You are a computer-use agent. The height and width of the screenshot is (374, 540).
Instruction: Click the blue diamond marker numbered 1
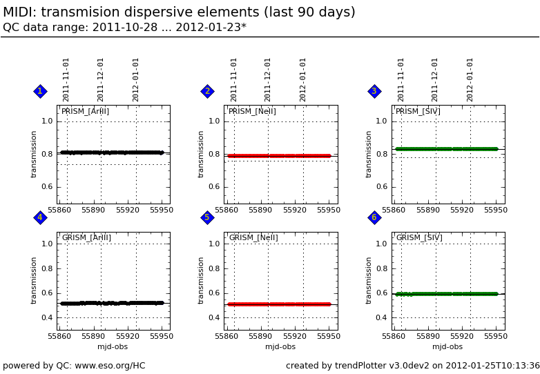40,91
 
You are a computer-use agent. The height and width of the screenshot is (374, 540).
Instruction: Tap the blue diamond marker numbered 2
207,91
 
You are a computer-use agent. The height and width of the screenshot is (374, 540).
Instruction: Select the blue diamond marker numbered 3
374,91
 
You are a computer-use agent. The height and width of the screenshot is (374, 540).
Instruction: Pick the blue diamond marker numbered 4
40,217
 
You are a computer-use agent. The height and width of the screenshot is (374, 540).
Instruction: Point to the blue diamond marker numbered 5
207,217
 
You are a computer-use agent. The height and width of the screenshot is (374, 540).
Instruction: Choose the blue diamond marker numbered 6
374,217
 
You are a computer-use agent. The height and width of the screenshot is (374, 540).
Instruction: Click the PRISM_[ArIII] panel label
85,112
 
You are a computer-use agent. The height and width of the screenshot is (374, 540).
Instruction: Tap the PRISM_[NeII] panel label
252,112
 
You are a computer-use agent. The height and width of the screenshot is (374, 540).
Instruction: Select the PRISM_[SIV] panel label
418,112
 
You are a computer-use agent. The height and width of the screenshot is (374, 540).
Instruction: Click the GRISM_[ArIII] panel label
86,238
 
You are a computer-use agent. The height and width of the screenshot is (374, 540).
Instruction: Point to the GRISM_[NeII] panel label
253,238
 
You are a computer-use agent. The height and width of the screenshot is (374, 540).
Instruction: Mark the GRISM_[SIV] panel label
419,238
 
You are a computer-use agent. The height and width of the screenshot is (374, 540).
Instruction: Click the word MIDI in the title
21,12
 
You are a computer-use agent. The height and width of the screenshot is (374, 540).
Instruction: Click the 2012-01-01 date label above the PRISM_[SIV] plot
470,79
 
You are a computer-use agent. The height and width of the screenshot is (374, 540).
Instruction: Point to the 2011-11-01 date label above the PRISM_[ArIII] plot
66,79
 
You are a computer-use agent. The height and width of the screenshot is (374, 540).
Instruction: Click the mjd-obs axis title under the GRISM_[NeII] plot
280,347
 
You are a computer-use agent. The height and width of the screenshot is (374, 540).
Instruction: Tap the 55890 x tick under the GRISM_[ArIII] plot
93,337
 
